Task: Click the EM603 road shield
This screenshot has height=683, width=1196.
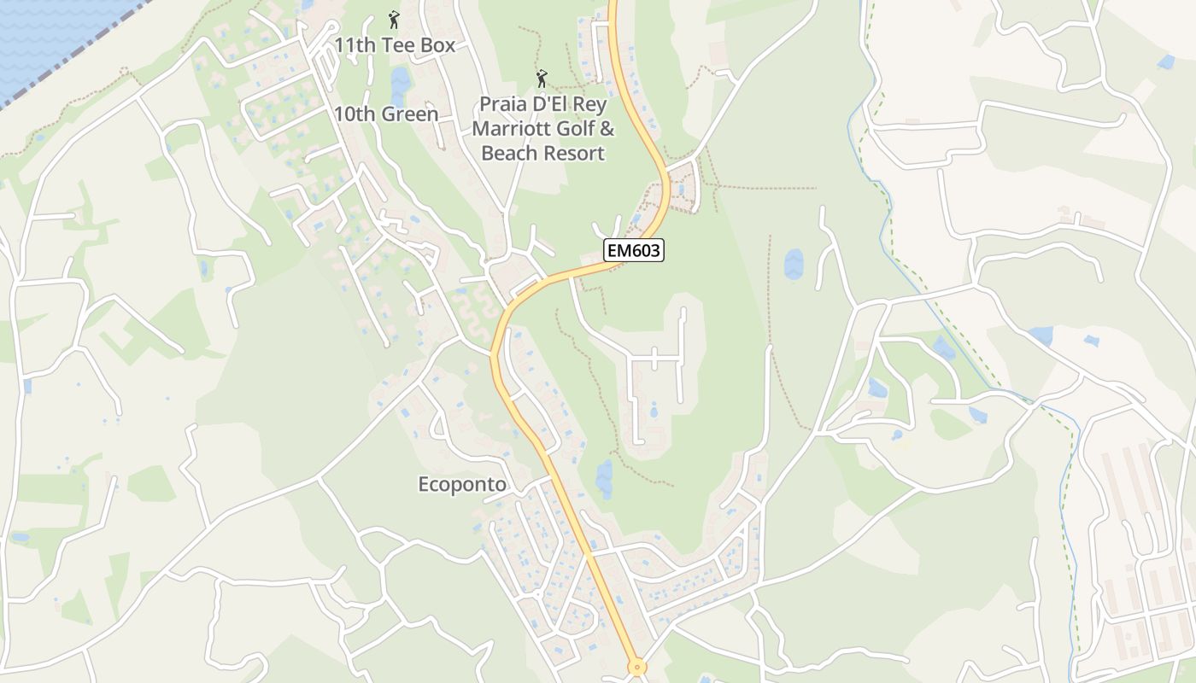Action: [634, 250]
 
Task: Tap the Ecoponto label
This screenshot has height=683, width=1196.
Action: [462, 485]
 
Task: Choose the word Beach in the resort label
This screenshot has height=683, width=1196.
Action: [513, 154]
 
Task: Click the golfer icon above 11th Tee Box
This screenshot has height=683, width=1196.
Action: [394, 19]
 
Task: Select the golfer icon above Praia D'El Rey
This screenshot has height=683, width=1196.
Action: [542, 79]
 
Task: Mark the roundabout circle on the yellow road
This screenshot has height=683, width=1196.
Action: [636, 667]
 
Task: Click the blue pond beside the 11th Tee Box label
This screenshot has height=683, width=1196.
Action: [400, 83]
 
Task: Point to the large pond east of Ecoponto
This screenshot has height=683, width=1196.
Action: [605, 478]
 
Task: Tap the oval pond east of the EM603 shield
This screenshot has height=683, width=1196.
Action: [794, 264]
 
